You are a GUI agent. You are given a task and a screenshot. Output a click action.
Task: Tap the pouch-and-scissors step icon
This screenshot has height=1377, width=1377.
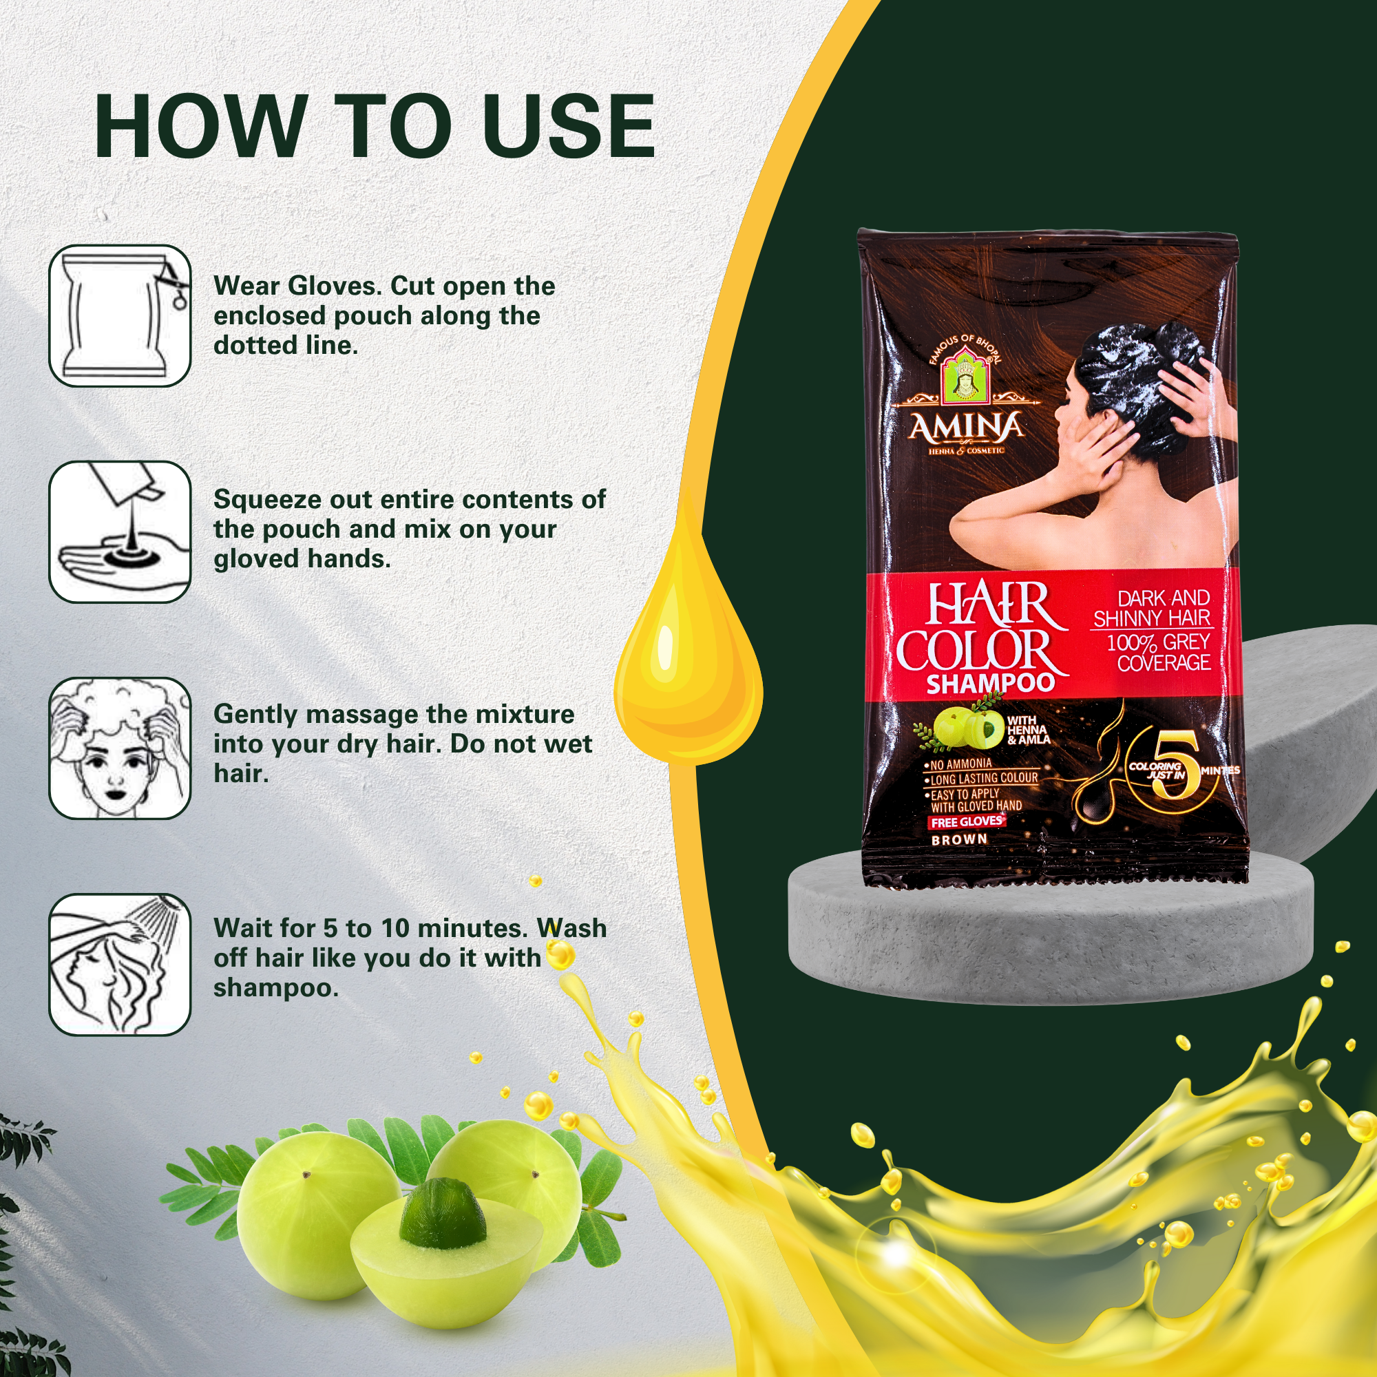coord(120,316)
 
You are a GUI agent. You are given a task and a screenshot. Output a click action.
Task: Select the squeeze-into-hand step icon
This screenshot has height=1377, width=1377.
coord(120,532)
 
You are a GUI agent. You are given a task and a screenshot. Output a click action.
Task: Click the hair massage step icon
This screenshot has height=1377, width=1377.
coord(120,748)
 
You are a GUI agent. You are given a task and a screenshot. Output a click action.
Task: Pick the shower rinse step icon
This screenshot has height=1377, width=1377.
coord(120,964)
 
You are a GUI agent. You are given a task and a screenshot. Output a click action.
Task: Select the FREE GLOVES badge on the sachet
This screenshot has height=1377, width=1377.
coord(967,821)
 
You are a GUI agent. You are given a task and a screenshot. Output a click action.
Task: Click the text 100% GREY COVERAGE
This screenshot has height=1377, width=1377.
coord(1157,652)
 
